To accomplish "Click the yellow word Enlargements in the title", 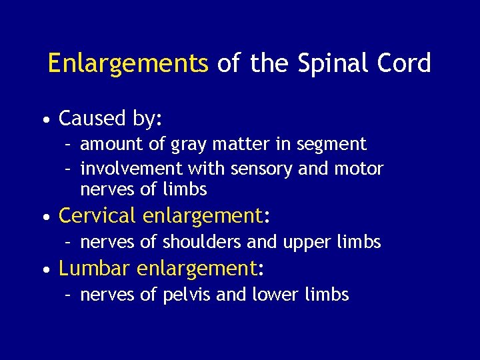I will (x=128, y=64).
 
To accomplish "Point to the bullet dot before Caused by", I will (x=45, y=121).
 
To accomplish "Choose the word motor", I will (x=361, y=169).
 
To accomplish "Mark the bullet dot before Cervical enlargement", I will (x=45, y=217).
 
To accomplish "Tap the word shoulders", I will (x=195, y=242).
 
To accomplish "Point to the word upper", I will (x=307, y=243).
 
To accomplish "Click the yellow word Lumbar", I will (x=94, y=268).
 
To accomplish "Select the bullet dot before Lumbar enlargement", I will (x=45, y=270).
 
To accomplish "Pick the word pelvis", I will (x=187, y=295).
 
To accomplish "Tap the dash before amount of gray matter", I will (x=69, y=145).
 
